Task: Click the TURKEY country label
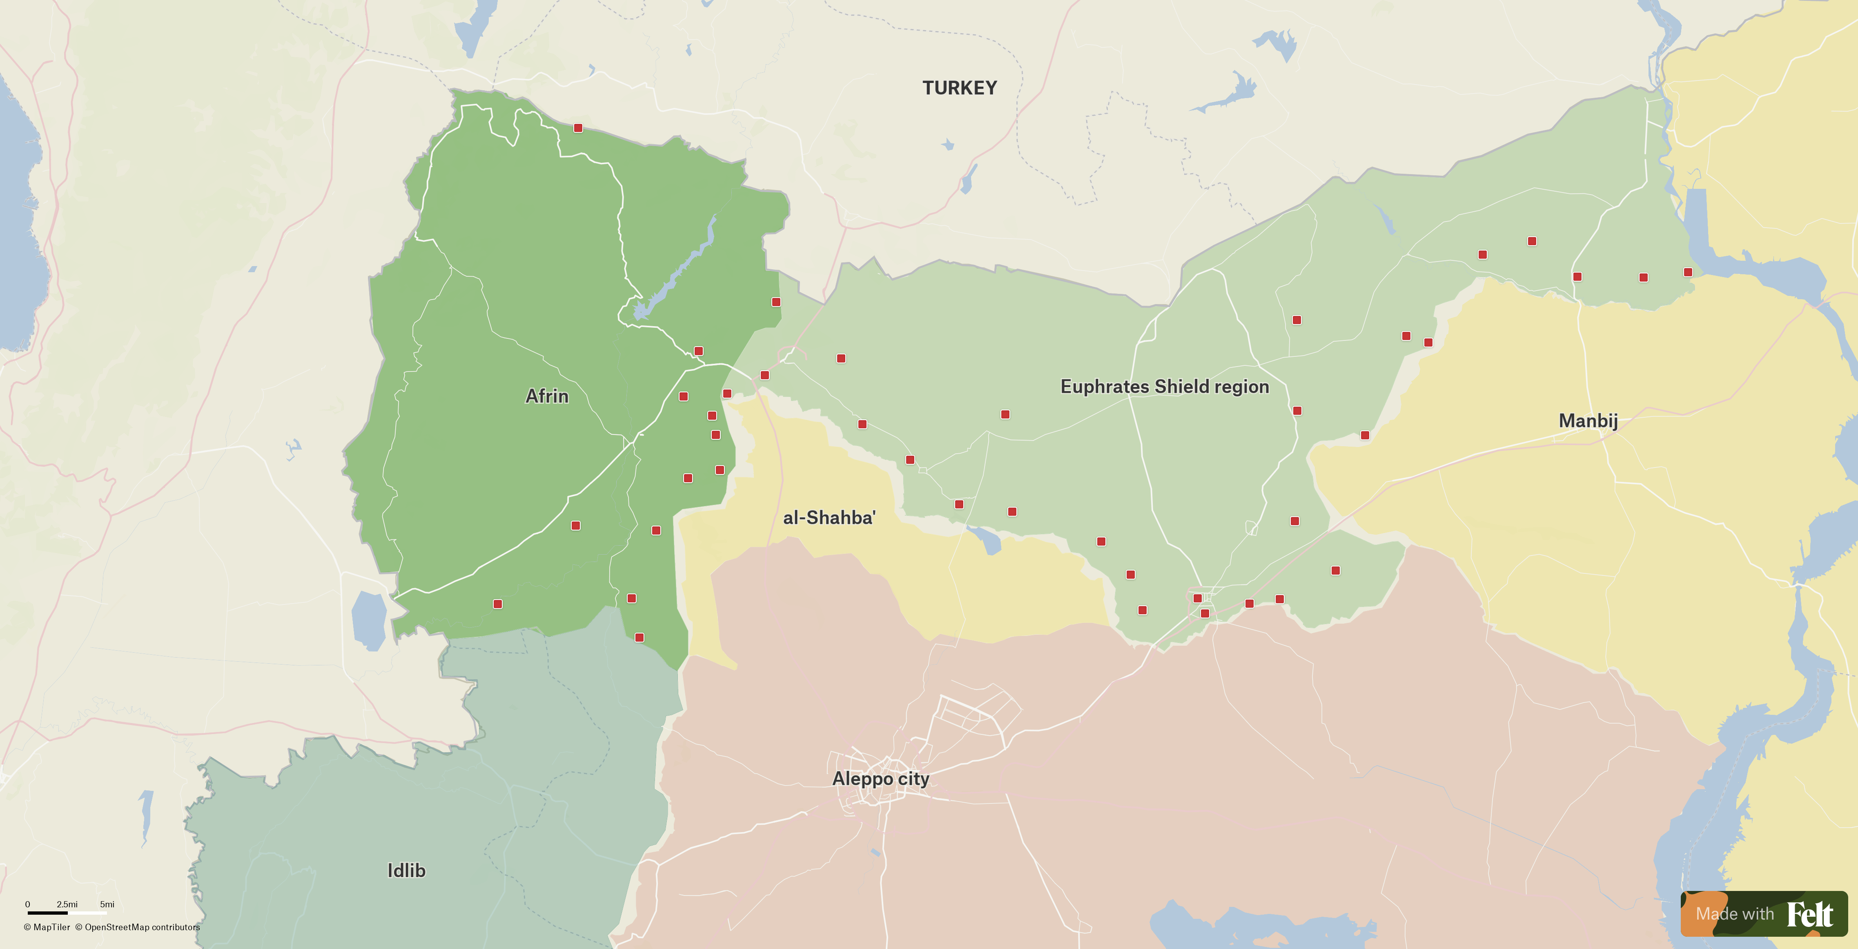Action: (x=959, y=88)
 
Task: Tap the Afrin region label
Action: (x=547, y=396)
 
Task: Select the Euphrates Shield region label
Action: (x=1164, y=387)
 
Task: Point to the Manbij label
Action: (x=1588, y=421)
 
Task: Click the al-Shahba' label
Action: (x=829, y=517)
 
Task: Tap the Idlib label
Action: (x=406, y=871)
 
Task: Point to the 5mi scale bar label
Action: (x=107, y=904)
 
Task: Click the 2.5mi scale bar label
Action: (x=67, y=904)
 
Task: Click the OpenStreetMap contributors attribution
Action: (x=138, y=927)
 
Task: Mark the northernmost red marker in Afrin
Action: (x=578, y=128)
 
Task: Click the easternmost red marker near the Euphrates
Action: (x=1688, y=272)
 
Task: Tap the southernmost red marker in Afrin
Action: (x=639, y=637)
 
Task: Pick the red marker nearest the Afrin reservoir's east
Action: (x=776, y=302)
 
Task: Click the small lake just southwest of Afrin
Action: (x=369, y=621)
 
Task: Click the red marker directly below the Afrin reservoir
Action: (x=698, y=351)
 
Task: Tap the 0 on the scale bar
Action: (x=27, y=904)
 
